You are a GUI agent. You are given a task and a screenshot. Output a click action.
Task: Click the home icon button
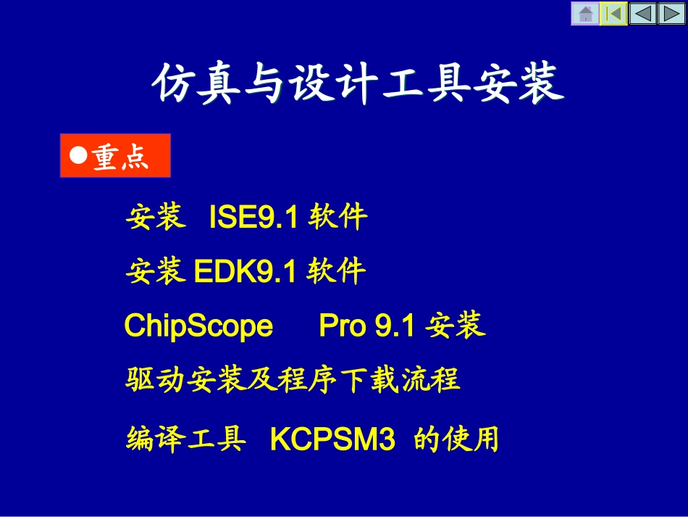coord(585,14)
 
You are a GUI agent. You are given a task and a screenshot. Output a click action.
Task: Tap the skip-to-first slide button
coord(613,14)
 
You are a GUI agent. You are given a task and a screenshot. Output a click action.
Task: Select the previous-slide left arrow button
coord(642,14)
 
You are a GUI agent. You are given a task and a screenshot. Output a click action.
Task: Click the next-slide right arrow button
coord(671,14)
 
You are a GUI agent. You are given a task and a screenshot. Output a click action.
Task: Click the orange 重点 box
coord(115,156)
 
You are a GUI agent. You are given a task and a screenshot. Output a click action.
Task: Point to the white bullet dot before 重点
coord(78,155)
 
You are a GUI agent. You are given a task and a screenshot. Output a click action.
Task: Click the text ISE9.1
coord(253,217)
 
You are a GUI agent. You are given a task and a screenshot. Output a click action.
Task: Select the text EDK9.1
coord(246,272)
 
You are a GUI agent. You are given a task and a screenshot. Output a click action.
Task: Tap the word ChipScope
coord(198,326)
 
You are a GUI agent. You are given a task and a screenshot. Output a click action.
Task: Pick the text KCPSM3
coord(332,440)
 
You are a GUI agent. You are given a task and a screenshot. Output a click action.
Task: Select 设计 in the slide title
coord(331,86)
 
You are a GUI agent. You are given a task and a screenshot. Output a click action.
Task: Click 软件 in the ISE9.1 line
coord(337,217)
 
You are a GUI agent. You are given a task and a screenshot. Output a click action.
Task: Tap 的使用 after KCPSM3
coord(456,439)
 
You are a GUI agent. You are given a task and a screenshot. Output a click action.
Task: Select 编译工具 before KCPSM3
coord(185,439)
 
